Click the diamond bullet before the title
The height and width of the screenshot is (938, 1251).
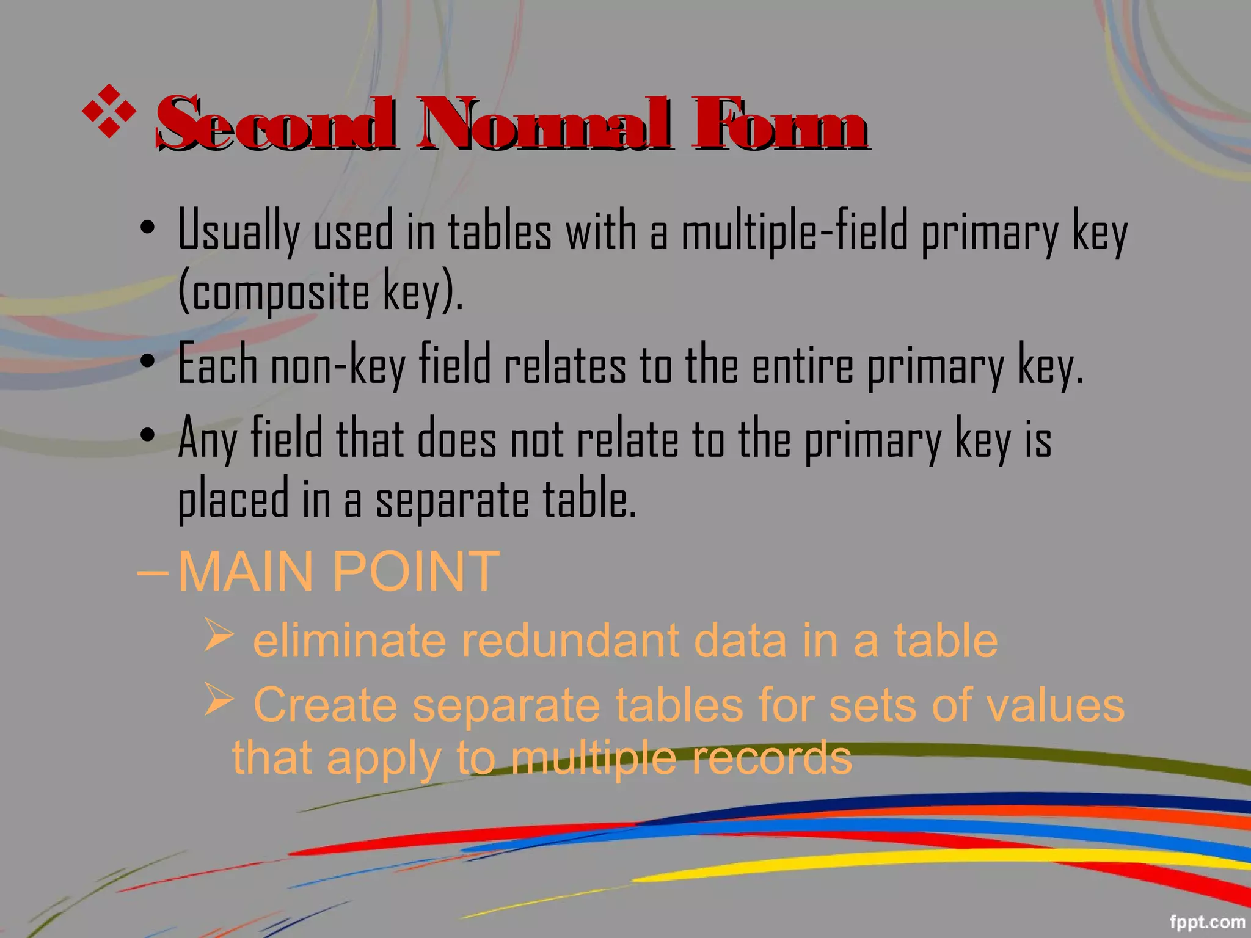[x=109, y=111]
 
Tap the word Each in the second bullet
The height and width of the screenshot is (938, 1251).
[x=217, y=365]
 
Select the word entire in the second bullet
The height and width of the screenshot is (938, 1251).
[x=802, y=365]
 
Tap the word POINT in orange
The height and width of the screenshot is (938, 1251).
[x=416, y=572]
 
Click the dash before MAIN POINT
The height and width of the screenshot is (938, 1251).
[x=152, y=573]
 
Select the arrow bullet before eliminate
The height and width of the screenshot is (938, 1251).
[x=219, y=634]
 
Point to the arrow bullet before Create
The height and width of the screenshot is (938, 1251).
[x=219, y=699]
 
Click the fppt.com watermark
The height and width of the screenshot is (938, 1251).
[x=1207, y=922]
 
